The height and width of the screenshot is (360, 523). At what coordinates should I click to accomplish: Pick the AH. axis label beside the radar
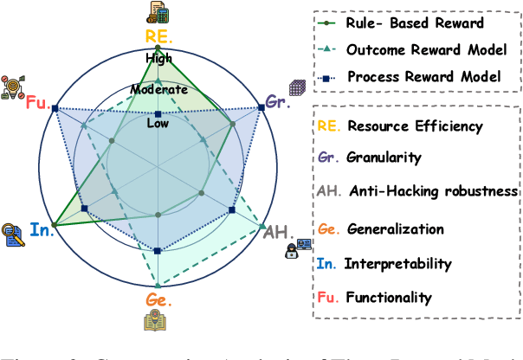point(277,231)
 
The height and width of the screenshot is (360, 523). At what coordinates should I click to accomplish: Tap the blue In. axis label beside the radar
point(41,231)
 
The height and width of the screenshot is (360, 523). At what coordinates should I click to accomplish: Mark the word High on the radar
point(158,59)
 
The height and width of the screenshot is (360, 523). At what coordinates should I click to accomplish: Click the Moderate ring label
point(158,89)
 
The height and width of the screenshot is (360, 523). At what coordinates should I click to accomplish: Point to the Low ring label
point(158,124)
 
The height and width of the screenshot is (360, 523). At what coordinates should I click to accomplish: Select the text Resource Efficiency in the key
point(415,126)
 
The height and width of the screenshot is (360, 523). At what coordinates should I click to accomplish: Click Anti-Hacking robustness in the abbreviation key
point(433,190)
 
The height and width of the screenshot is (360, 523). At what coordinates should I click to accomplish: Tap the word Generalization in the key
point(395,229)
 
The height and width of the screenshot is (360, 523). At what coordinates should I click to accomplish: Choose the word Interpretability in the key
point(397,263)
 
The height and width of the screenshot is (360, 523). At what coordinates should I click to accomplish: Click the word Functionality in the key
point(389,298)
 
